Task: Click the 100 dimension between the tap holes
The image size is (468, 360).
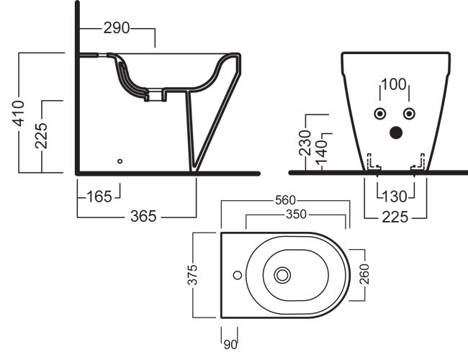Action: tap(394, 84)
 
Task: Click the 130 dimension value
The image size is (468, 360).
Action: tap(395, 196)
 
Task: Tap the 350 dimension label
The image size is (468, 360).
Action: tap(295, 214)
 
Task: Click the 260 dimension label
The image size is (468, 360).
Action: tap(366, 274)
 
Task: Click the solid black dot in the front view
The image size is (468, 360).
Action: tap(395, 132)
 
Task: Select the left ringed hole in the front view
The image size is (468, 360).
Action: tap(379, 114)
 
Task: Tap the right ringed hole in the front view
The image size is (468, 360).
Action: tap(409, 114)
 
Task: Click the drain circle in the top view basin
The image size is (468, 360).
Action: tap(282, 274)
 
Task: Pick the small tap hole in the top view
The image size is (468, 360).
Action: tap(235, 274)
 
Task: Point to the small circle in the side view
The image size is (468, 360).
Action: tap(120, 161)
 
